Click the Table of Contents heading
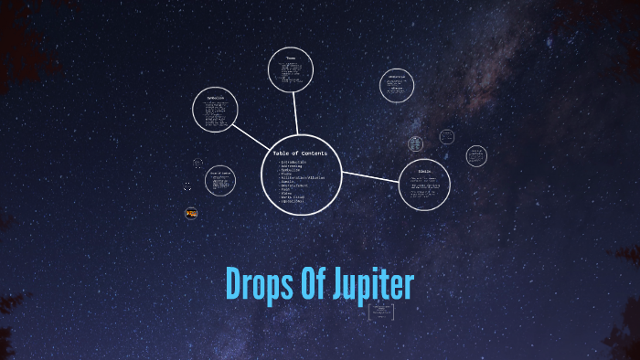pos(300,153)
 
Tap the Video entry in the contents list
pos(287,192)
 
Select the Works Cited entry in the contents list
pos(294,196)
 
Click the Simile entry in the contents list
pos(289,181)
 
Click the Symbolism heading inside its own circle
pos(215,98)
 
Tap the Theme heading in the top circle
pos(292,58)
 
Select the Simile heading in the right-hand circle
pos(424,171)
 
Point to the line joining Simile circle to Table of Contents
pos(370,175)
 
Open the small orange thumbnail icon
pos(191,213)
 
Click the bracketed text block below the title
pos(380,312)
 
